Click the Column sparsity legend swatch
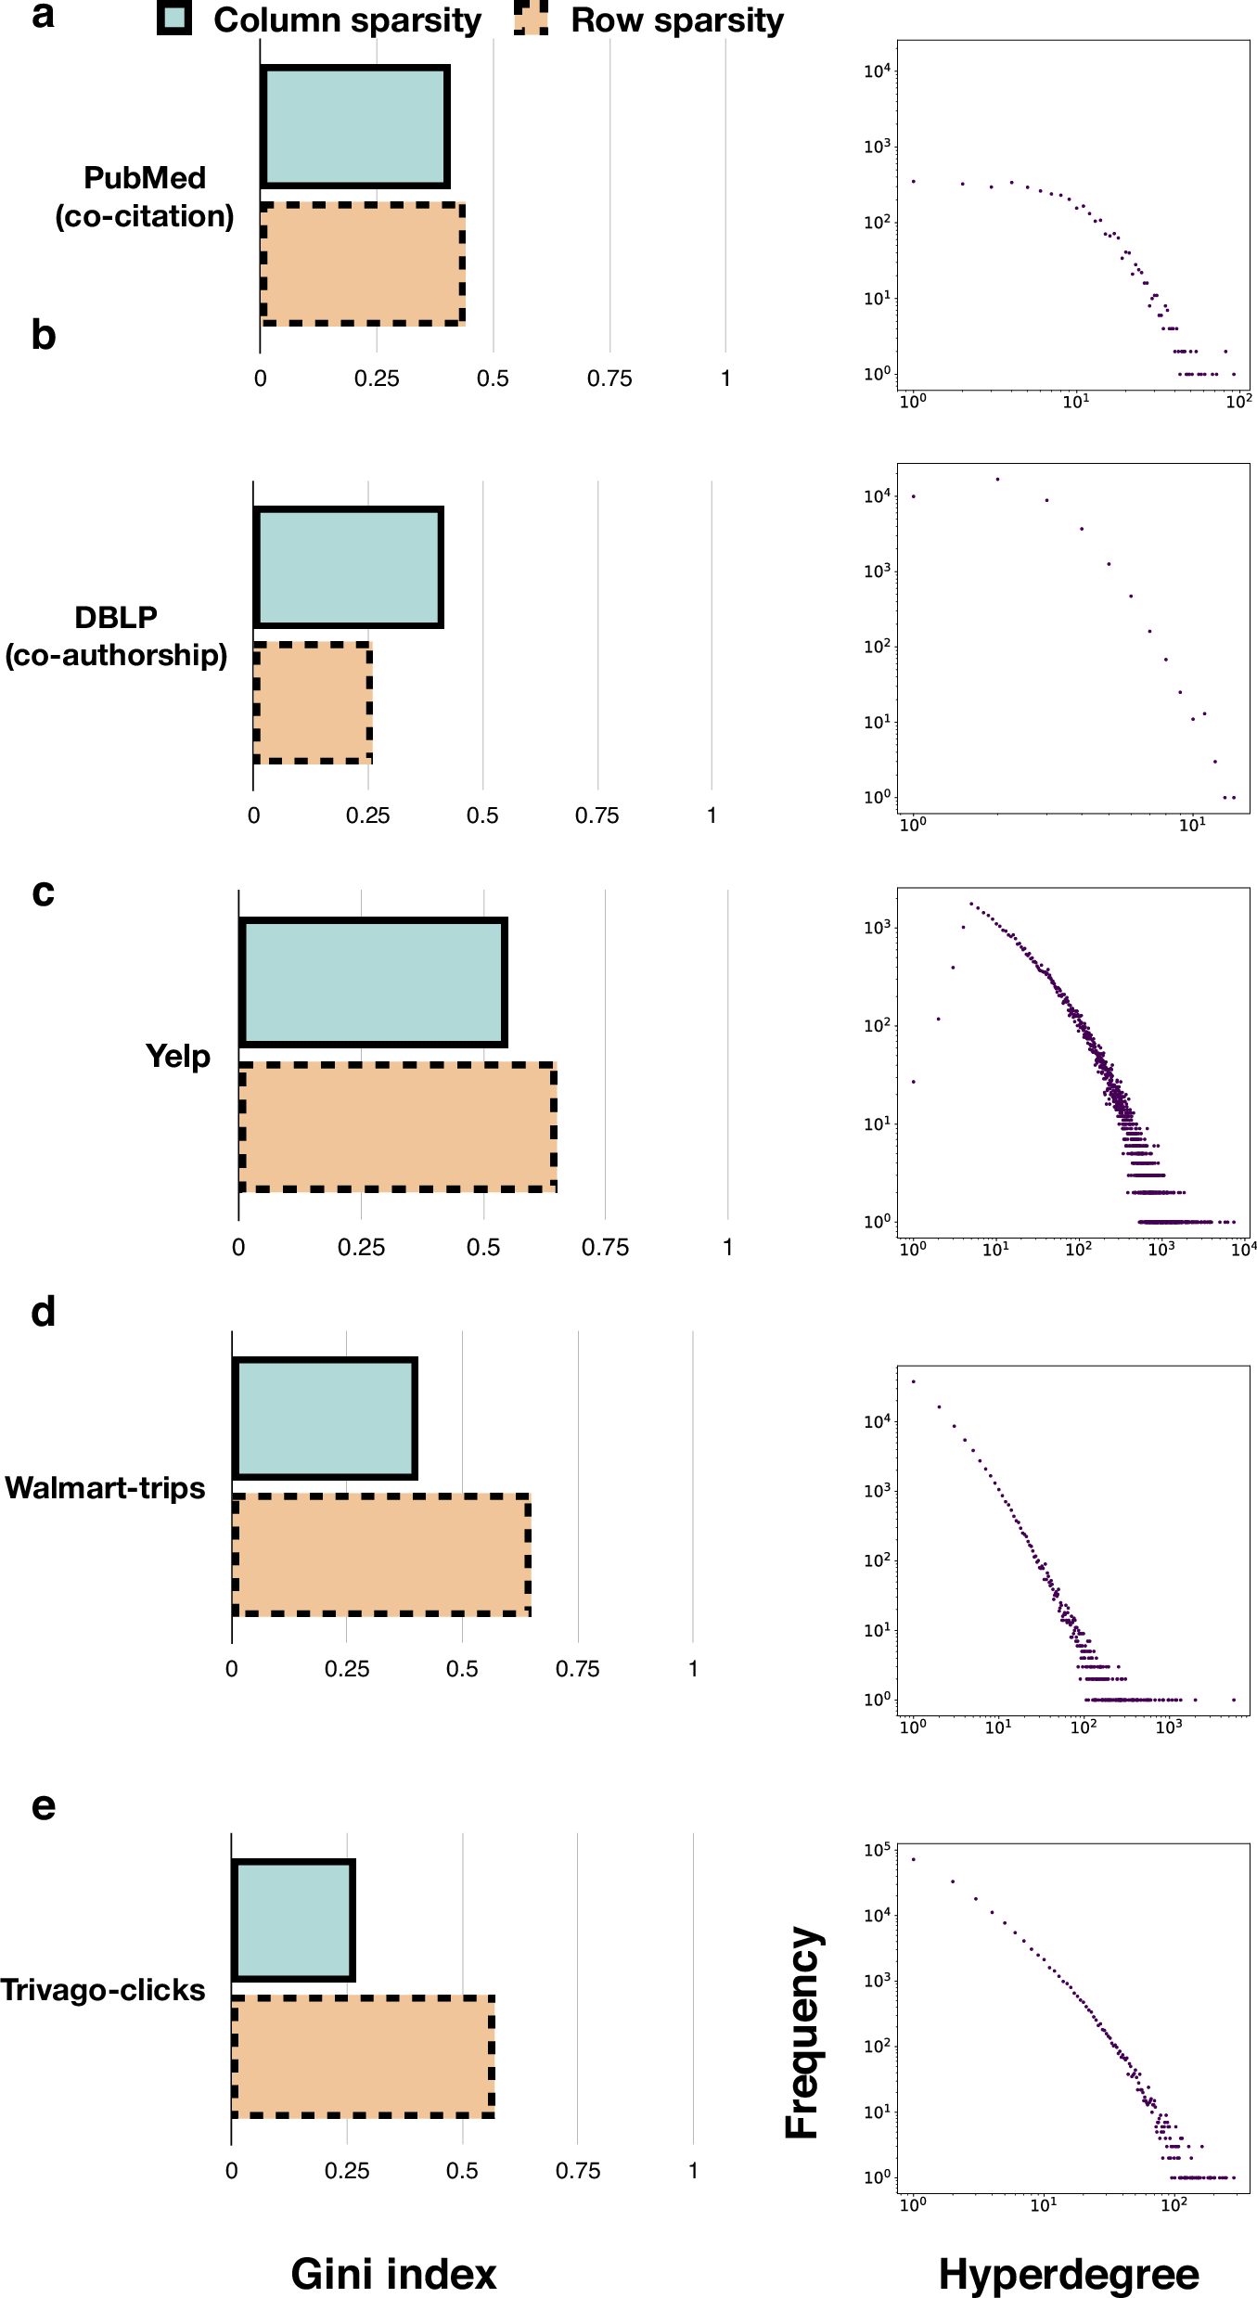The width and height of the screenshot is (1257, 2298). tap(174, 18)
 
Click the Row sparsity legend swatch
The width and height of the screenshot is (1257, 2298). tap(532, 18)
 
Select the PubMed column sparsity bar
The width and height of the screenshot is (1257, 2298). tap(355, 127)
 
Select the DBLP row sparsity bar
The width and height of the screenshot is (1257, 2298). tap(313, 703)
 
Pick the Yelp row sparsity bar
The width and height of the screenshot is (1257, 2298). tap(398, 1127)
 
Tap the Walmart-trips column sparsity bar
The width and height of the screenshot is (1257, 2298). tap(325, 1419)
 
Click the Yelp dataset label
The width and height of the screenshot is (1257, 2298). tap(177, 1057)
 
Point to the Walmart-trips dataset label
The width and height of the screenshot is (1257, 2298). tap(105, 1488)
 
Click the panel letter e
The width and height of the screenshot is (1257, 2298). tap(43, 1805)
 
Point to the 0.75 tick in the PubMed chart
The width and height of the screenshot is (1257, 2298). tap(609, 379)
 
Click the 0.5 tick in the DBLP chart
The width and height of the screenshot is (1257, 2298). tap(482, 815)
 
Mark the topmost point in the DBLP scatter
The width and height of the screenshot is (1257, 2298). tap(997, 480)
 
